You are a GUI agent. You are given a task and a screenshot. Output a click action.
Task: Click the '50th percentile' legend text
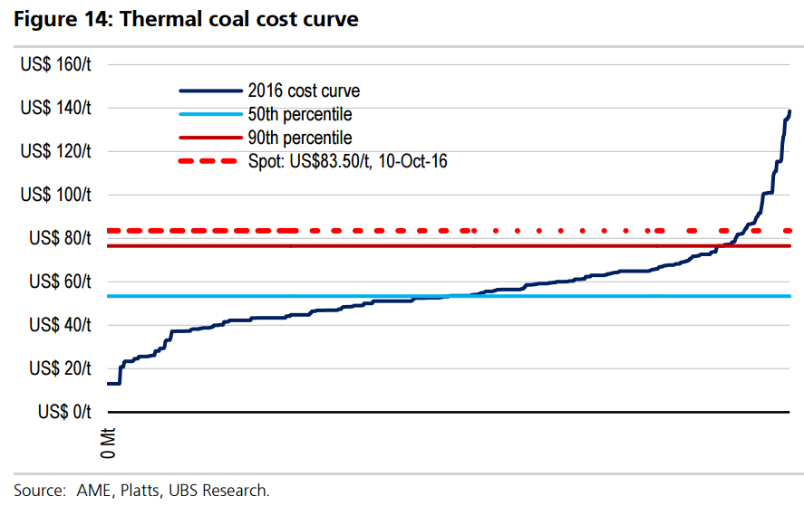(299, 115)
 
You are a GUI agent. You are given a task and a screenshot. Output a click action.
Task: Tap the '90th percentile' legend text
(299, 138)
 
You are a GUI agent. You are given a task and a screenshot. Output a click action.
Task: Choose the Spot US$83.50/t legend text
(347, 161)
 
